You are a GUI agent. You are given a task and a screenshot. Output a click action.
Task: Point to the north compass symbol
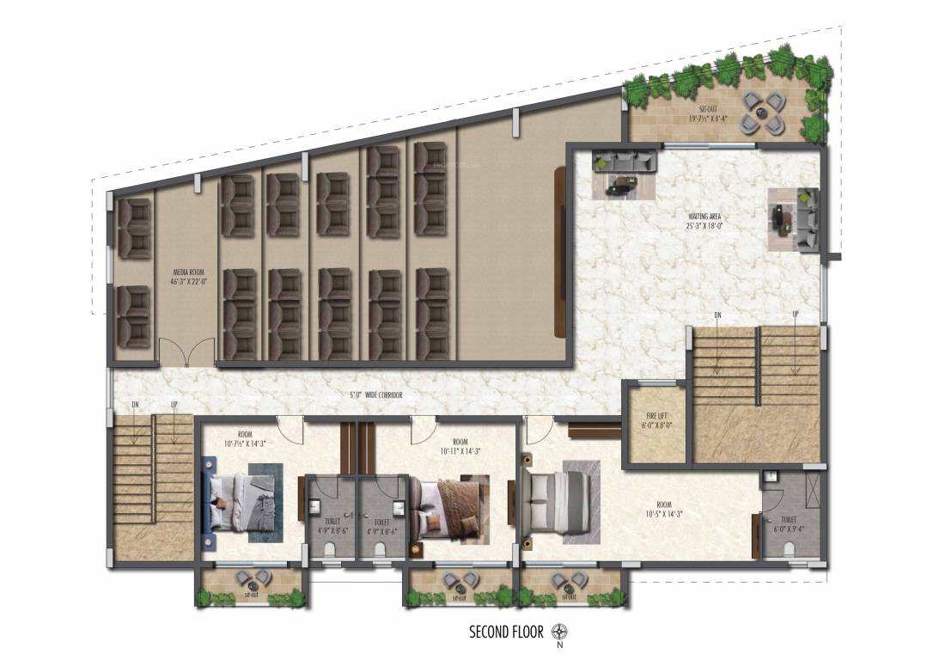click(560, 632)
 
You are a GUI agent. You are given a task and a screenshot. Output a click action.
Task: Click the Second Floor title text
click(506, 632)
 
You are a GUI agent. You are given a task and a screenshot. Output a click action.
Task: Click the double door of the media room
click(186, 352)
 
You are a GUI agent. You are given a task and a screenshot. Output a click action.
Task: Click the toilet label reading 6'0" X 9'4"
click(790, 524)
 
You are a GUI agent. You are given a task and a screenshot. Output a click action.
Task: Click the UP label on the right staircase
click(796, 315)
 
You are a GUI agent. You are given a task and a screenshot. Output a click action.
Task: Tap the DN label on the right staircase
click(717, 315)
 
